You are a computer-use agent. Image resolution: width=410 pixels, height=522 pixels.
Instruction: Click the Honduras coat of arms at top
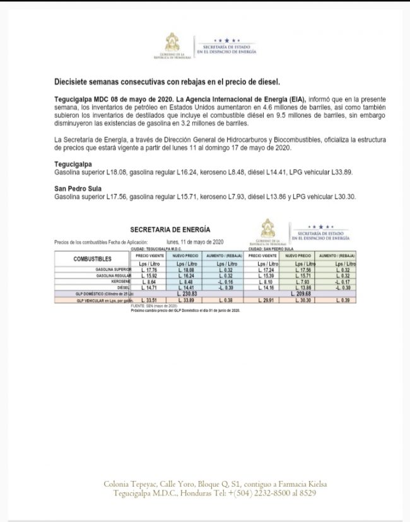(172, 43)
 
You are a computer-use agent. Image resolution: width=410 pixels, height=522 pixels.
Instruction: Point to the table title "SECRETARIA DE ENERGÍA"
(170, 229)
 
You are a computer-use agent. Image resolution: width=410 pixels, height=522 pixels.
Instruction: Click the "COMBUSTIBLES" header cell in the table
(93, 259)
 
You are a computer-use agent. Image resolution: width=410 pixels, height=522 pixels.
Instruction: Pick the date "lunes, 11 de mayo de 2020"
(195, 241)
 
